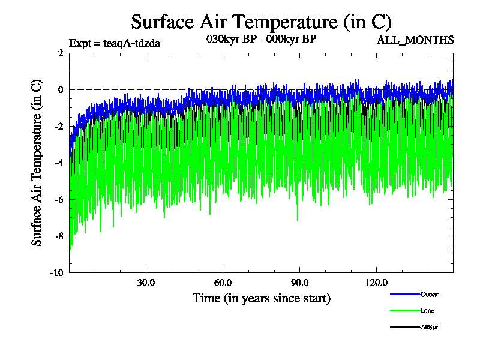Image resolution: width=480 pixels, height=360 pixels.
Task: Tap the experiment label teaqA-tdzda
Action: tap(115, 43)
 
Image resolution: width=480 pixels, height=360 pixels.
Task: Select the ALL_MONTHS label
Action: tap(415, 40)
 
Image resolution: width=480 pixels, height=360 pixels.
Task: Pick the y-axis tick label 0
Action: tap(61, 89)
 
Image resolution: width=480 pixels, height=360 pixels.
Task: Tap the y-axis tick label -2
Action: tap(59, 126)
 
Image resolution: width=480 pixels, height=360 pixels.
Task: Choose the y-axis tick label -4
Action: tap(59, 163)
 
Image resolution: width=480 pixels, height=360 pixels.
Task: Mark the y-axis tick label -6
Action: tap(59, 199)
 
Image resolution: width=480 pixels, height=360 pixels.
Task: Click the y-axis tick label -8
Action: tap(59, 236)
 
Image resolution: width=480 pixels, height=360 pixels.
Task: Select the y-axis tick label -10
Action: tap(57, 272)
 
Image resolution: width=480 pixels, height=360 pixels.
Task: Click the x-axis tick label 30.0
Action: tap(146, 283)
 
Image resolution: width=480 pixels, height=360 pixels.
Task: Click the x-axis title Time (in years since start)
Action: tap(261, 298)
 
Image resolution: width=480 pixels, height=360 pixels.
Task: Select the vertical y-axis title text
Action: tap(37, 162)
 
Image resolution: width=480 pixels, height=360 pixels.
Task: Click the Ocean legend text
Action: tap(430, 295)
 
